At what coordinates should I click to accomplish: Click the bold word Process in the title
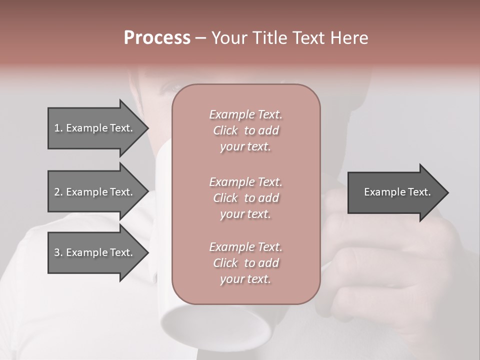pos(157,38)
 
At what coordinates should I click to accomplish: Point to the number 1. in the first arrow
pos(58,128)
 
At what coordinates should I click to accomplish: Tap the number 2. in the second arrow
pos(58,192)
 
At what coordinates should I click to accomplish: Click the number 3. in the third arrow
pos(58,252)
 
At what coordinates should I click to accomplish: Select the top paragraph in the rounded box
pos(245,130)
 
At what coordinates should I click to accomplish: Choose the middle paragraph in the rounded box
pos(245,198)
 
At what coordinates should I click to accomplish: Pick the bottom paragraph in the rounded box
pos(245,263)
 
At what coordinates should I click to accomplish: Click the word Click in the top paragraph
pos(225,130)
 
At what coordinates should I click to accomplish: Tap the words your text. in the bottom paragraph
pos(245,279)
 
